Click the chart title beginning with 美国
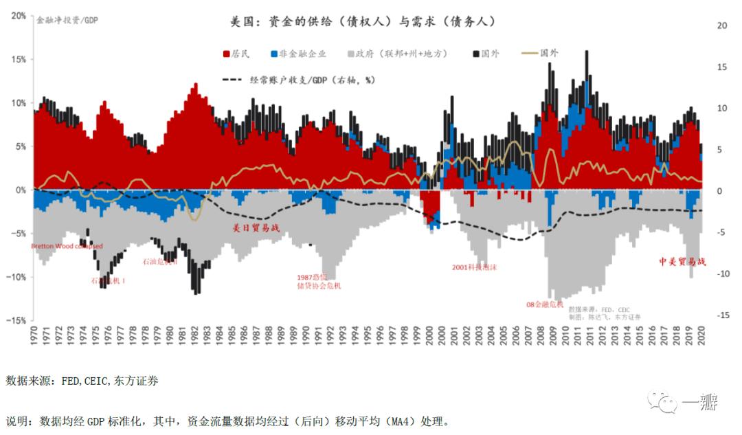363,22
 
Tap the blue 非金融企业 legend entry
298,54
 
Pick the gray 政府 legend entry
398,54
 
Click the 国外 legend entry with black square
485,54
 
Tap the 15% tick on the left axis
18,60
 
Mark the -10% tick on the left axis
16,277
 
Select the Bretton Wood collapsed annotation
67,246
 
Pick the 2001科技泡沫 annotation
474,267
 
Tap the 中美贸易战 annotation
682,262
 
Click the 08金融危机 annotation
546,304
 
